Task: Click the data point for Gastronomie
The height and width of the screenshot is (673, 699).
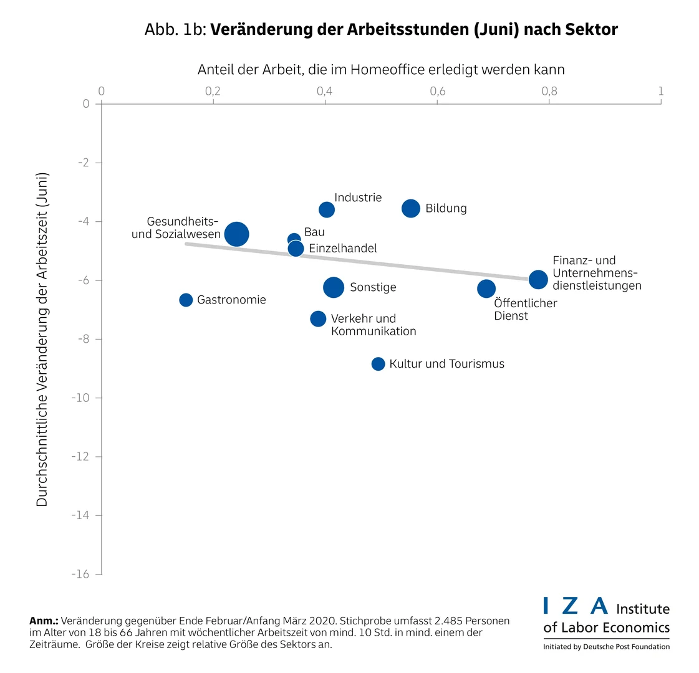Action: coord(186,300)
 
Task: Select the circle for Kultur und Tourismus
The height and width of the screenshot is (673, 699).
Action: coord(378,364)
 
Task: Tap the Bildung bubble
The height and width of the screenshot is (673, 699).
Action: coord(410,208)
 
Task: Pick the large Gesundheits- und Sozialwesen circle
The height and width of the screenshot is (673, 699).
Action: coord(237,234)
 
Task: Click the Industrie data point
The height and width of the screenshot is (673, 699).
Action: coord(327,209)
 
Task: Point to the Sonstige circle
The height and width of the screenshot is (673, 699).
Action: coord(334,287)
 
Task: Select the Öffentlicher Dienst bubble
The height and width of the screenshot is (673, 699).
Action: coord(486,289)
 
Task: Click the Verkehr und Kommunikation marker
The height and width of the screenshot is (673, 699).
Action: coord(318,318)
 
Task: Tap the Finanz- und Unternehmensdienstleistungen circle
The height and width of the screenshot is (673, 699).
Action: coord(538,279)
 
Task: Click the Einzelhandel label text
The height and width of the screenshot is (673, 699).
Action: coord(343,248)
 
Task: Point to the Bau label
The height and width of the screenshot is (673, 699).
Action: coord(314,232)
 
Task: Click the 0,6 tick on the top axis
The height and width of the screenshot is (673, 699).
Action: coord(438,92)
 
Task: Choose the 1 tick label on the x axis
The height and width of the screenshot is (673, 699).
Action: coord(661,92)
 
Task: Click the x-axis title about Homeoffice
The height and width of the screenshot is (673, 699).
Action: coord(381,69)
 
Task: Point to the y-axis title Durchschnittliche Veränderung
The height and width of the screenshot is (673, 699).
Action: coord(42,340)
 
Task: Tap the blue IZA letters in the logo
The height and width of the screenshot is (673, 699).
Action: coord(575,605)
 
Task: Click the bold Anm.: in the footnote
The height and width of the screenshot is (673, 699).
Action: coord(44,621)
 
